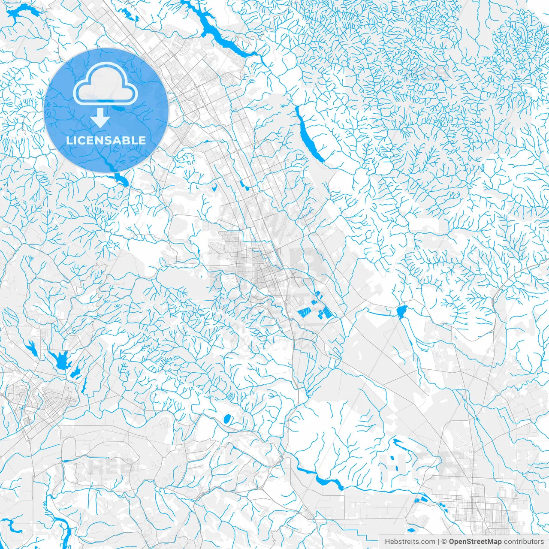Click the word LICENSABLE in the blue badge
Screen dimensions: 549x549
(x=106, y=140)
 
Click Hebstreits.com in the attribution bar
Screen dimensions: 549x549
(x=410, y=542)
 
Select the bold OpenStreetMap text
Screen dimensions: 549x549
(x=475, y=542)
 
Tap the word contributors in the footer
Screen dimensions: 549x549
(x=523, y=542)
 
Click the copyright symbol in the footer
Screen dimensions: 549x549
(x=444, y=542)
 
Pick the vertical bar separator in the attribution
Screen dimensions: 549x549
(x=438, y=542)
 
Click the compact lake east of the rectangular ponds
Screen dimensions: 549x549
(x=401, y=311)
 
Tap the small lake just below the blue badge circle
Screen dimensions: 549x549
(x=122, y=180)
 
